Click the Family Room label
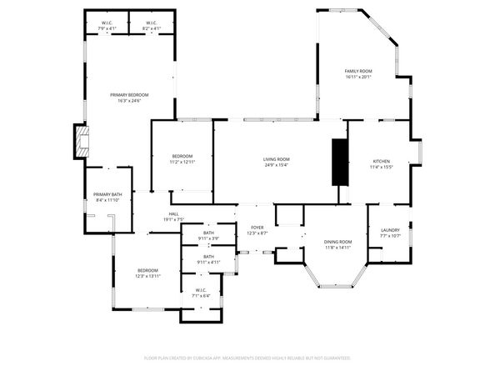pos(358,72)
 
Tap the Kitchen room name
pos(381,161)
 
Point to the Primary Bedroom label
pos(129,96)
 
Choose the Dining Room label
pos(337,242)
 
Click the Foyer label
pos(257,228)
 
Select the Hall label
pos(173,214)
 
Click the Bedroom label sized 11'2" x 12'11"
pos(182,157)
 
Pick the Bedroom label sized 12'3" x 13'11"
pos(147,270)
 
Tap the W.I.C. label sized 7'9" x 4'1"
pos(107,23)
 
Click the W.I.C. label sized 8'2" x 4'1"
pos(152,23)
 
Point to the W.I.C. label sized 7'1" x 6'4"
pos(201,290)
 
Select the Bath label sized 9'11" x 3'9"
pos(208,233)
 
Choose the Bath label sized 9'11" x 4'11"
pos(208,257)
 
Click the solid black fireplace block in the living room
pos(339,162)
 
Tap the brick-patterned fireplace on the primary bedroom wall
pos(80,141)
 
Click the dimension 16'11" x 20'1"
pos(358,77)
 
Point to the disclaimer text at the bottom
pos(247,357)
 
